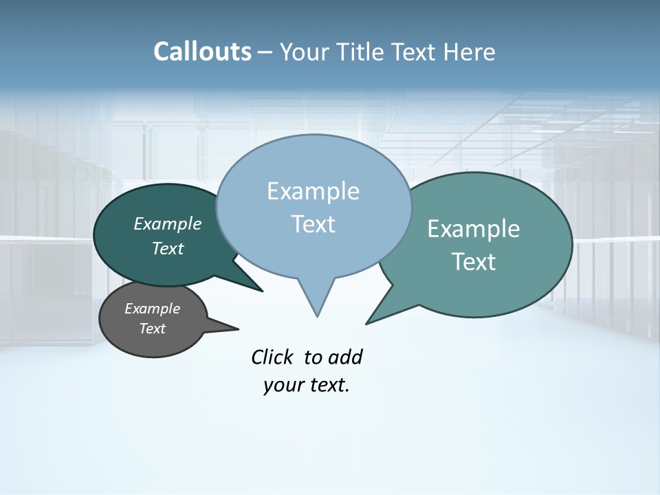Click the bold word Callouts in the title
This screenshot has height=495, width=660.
coord(202,52)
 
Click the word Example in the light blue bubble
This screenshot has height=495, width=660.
coord(313,191)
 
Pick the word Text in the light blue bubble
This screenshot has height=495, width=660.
coord(313,224)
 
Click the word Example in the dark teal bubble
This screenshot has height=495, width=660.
coord(167,223)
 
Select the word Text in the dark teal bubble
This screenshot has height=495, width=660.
coord(167,248)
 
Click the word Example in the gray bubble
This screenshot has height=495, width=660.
coord(152,309)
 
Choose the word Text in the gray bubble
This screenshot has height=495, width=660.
coord(152,329)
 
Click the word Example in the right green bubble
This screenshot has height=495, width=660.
coord(474,229)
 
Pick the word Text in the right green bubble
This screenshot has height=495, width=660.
coord(474,262)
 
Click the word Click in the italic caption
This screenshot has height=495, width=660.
coord(273,357)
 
